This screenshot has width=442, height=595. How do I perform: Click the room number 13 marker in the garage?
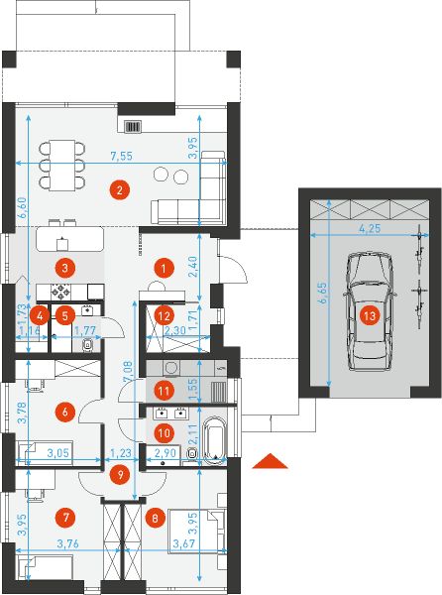point(369,316)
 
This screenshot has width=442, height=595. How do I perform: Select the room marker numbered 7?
point(66,517)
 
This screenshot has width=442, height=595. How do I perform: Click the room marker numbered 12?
point(164,315)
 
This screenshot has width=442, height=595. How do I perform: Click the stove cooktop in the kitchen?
point(61,292)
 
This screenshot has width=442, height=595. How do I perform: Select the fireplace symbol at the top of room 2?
point(134,126)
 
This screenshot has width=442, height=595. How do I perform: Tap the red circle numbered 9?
point(120,475)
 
